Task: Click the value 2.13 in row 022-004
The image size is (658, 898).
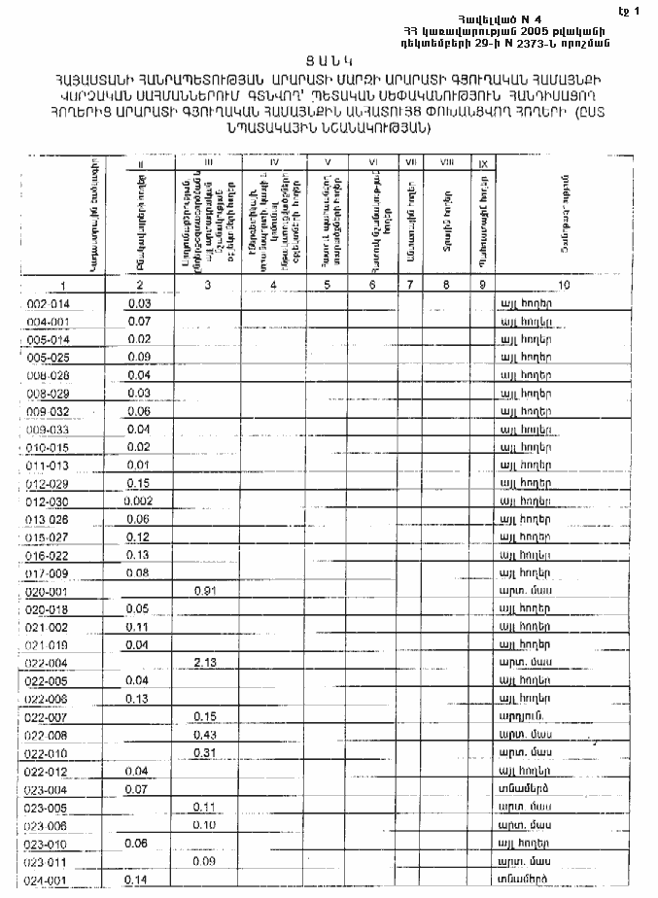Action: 204,662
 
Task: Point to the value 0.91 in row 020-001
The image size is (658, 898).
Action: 205,591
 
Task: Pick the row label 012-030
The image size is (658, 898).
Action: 48,501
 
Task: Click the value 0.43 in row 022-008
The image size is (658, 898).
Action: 204,734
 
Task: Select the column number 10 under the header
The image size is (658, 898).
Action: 564,286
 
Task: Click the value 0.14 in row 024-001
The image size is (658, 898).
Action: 137,880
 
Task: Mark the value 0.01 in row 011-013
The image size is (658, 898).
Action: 137,466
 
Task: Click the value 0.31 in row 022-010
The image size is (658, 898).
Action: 204,753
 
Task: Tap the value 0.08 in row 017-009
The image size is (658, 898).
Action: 137,572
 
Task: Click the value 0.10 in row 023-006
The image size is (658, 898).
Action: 204,825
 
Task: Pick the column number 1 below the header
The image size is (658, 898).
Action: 63,286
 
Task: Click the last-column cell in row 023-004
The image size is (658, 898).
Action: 525,789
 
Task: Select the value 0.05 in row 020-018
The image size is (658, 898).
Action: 137,608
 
